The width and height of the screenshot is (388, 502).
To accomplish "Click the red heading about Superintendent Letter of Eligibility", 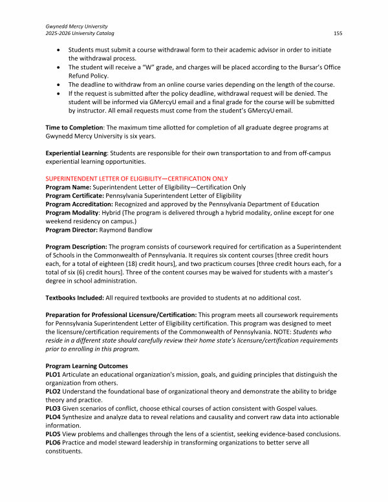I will [x=136, y=178].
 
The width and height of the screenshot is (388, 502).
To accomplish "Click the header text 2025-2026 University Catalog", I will [x=83, y=32].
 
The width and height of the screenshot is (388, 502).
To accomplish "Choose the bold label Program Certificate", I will [x=72, y=193].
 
